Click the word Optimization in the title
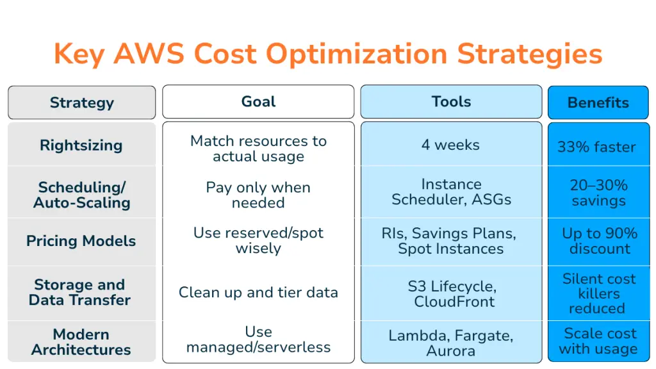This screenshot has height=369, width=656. (x=357, y=54)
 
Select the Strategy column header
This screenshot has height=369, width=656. (x=81, y=102)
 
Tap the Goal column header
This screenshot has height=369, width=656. (x=258, y=102)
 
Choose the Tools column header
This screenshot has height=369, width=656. (x=451, y=102)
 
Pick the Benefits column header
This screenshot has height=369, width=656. (x=598, y=102)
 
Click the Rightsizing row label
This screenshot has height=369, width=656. (x=81, y=145)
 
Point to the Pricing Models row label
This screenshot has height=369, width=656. (x=81, y=241)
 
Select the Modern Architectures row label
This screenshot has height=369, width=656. (x=81, y=342)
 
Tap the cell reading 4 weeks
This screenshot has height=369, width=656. (x=450, y=145)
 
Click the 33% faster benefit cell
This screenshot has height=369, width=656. (x=596, y=147)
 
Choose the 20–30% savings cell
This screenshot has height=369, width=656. (x=599, y=193)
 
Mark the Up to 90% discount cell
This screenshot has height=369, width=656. (x=600, y=241)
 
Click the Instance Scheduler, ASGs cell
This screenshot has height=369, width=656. (x=452, y=192)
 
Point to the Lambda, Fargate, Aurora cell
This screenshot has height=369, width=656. (x=450, y=343)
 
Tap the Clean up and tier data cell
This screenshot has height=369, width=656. (x=258, y=292)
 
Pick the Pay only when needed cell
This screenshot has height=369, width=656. (x=258, y=195)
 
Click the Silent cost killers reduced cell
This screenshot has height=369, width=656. (x=599, y=293)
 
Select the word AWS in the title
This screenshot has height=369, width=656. (x=149, y=54)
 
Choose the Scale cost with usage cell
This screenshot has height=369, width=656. (x=599, y=341)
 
